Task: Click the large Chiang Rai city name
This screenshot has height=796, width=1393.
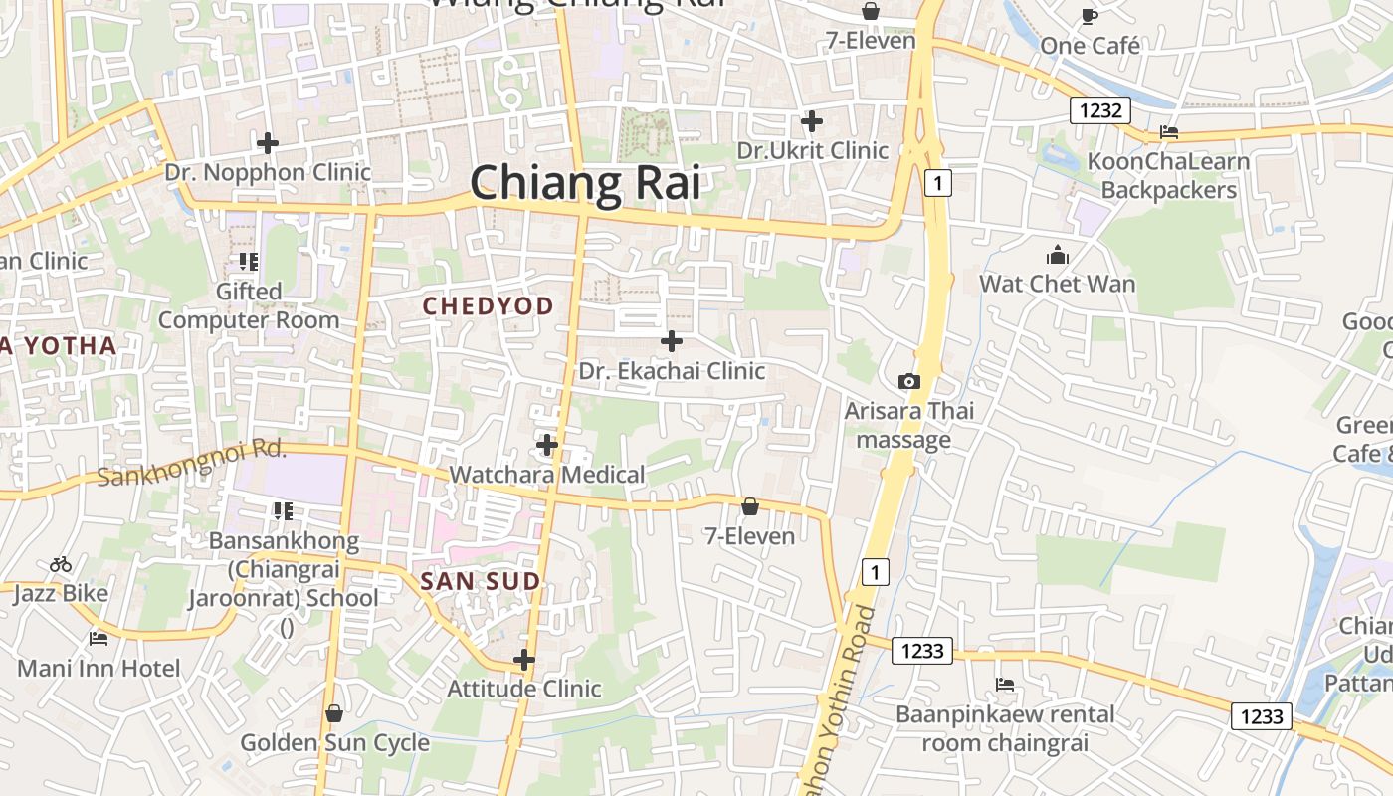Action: pos(585,184)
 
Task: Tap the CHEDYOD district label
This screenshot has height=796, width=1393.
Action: pos(488,306)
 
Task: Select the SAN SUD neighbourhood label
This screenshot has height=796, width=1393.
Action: pos(481,581)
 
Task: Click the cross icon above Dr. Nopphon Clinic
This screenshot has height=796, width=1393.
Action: pos(267,143)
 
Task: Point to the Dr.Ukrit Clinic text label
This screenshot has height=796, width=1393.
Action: pos(812,150)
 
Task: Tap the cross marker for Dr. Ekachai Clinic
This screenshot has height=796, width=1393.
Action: pos(672,341)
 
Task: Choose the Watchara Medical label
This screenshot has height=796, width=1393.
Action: pos(547,474)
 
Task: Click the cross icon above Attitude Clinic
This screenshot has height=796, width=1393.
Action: pos(523,660)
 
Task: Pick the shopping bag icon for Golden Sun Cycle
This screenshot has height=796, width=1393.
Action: pos(334,713)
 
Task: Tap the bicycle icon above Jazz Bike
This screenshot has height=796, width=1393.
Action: pos(61,564)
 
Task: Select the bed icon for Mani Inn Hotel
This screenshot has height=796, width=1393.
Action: pos(98,638)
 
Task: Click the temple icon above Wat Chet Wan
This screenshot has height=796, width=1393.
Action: pos(1057,255)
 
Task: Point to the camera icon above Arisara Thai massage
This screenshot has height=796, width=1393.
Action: pos(908,381)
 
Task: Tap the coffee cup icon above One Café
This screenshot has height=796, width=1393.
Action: pos(1090,16)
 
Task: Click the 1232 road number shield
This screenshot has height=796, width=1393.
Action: pos(1100,110)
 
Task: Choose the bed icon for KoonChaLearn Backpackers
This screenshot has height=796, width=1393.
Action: pos(1169,131)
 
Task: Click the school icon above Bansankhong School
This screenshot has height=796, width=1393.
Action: pos(283,511)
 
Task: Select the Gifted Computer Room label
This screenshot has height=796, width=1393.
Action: pos(249,305)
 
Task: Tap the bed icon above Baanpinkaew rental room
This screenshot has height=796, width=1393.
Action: pos(1005,685)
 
